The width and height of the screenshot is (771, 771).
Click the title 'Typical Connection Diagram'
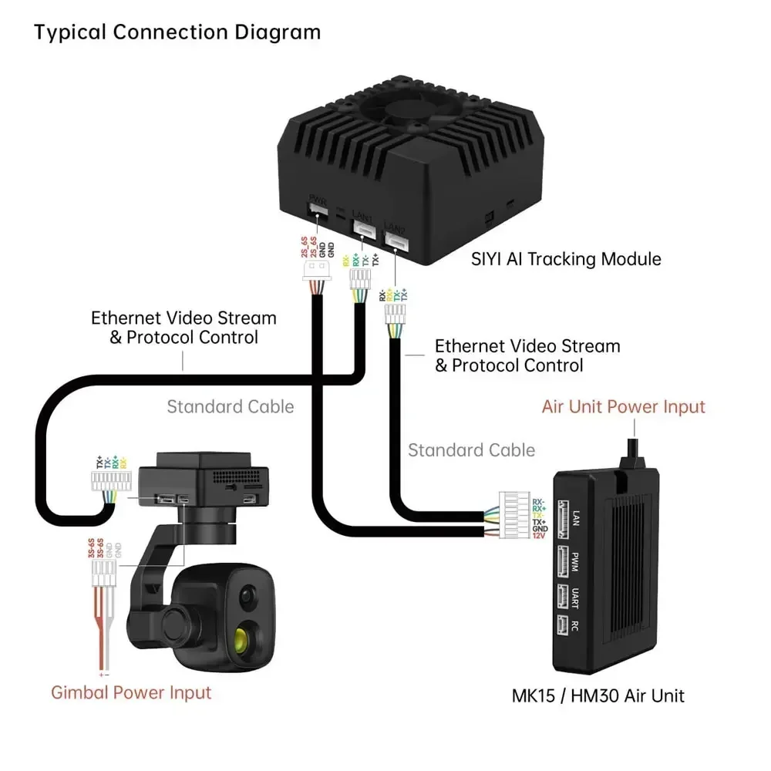pyautogui.click(x=177, y=32)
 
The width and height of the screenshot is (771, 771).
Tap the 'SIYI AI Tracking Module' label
pyautogui.click(x=566, y=258)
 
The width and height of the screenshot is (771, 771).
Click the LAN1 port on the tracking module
pyautogui.click(x=363, y=227)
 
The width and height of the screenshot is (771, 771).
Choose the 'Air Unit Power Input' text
pyautogui.click(x=623, y=406)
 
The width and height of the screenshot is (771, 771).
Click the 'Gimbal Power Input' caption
pyautogui.click(x=131, y=692)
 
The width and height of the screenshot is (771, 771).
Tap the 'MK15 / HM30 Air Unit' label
pyautogui.click(x=598, y=695)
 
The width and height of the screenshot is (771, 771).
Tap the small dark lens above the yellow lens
pyautogui.click(x=247, y=594)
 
